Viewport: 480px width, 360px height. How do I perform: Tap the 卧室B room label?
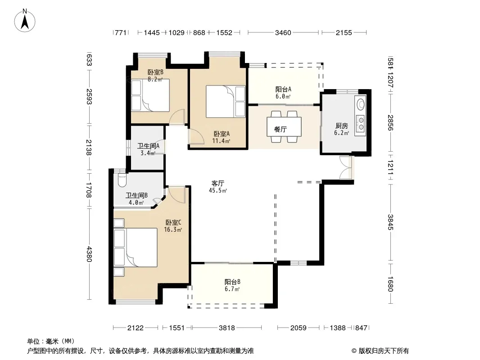tap(155, 72)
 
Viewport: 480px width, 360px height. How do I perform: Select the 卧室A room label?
tap(222, 134)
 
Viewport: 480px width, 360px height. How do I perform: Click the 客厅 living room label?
tap(217, 183)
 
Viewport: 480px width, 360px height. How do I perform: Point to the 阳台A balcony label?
tap(283, 89)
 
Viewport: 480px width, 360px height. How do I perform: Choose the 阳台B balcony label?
tap(232, 282)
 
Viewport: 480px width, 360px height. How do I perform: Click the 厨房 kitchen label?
tap(341, 126)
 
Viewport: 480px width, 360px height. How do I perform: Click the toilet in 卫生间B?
tap(122, 180)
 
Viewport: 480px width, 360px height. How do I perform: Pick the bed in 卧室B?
tap(150, 95)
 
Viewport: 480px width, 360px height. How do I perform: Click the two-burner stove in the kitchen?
tap(360, 123)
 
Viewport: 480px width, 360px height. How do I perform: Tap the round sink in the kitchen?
tap(361, 103)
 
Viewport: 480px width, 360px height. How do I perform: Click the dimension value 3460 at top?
tap(283, 32)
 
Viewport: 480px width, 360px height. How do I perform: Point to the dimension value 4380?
tap(89, 254)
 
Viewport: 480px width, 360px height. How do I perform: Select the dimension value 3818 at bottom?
tap(227, 328)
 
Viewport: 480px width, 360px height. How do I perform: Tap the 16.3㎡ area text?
tap(173, 229)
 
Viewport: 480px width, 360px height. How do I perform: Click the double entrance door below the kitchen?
tap(346, 167)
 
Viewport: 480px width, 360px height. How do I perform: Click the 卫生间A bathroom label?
tap(148, 146)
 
